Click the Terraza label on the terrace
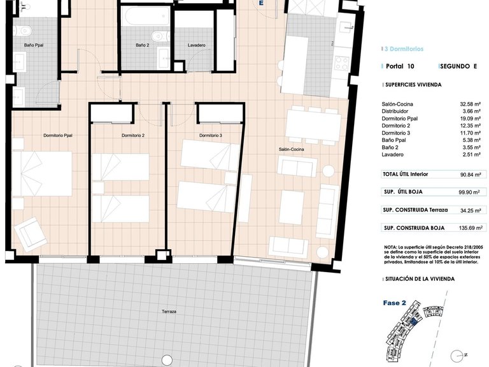pos(169,312)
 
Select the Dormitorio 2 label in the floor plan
pos(133,136)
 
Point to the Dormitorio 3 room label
pos(210,136)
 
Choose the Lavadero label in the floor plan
pos(196,45)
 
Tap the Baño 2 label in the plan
pos(143,45)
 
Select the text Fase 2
pos(395,303)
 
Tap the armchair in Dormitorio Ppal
pos(31,234)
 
